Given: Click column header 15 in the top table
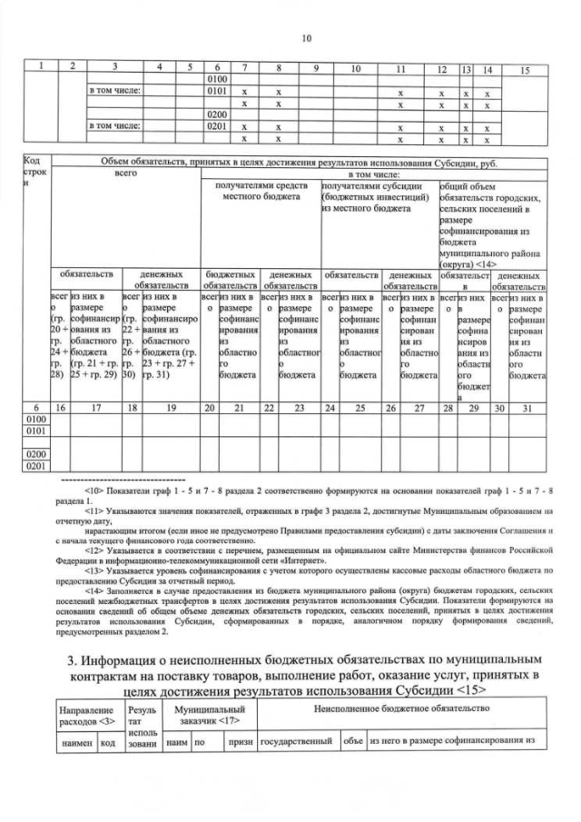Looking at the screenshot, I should click(x=524, y=69).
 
